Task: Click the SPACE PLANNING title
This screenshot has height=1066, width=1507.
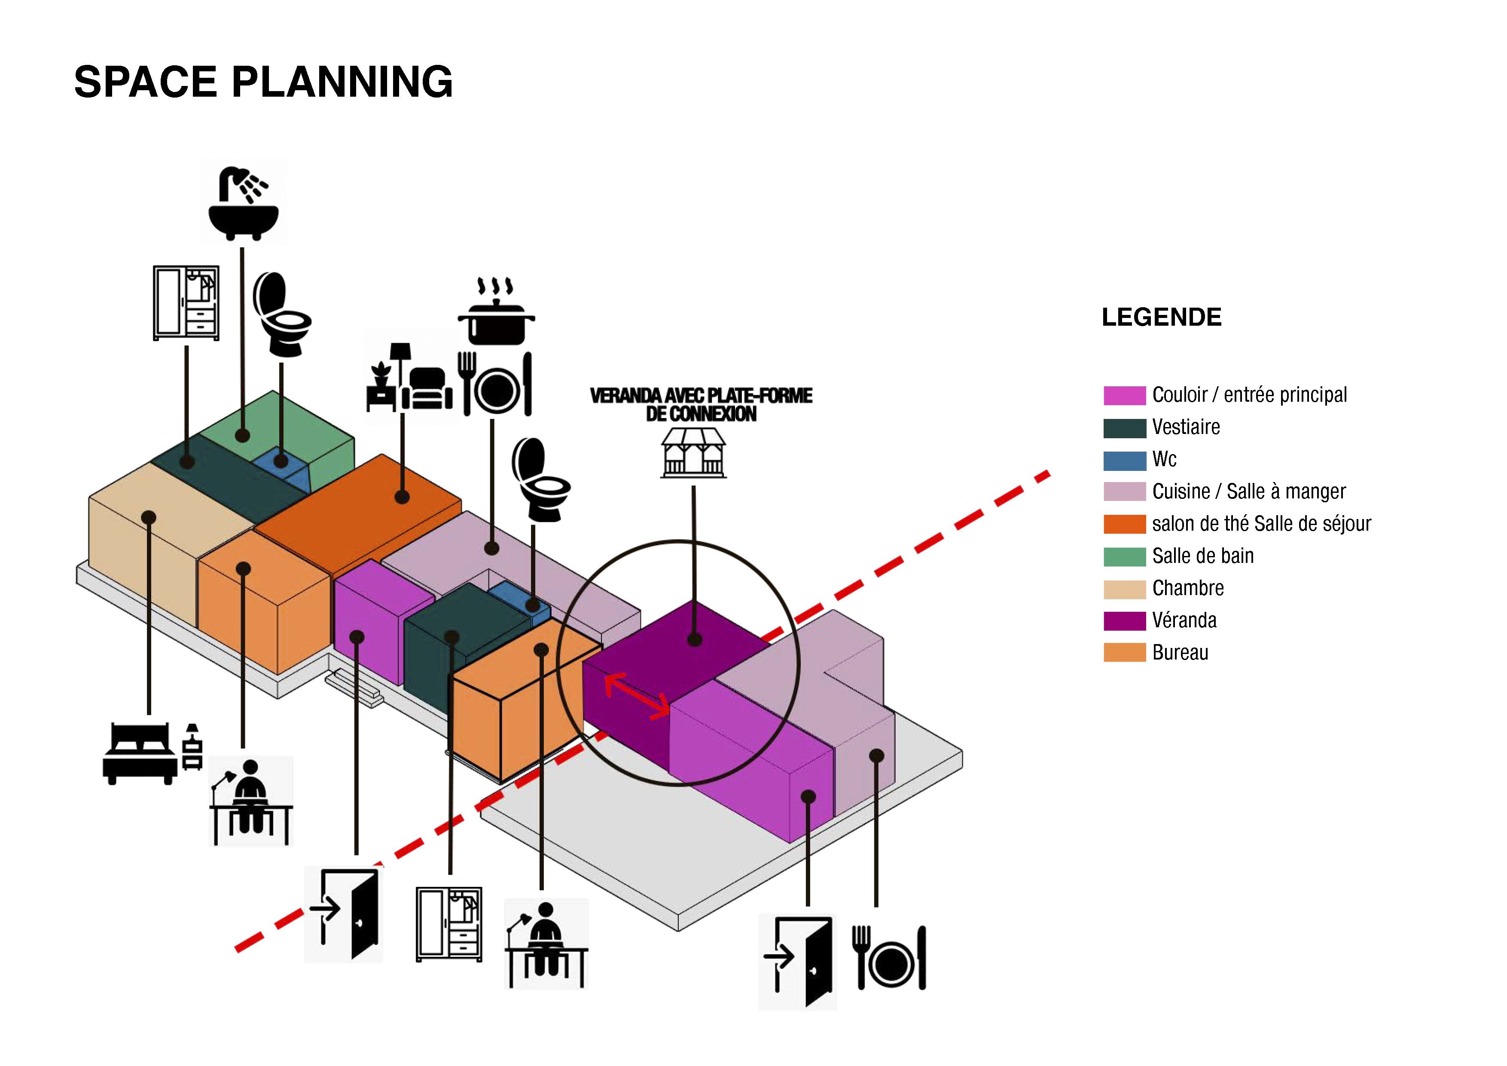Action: click(x=263, y=82)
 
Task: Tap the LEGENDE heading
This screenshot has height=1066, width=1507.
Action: click(x=1161, y=317)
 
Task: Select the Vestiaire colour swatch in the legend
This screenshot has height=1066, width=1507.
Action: click(x=1124, y=428)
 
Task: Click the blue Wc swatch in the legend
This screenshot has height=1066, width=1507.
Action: click(x=1124, y=460)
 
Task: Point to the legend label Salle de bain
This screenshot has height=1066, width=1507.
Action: click(x=1202, y=556)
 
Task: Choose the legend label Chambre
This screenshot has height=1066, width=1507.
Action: click(x=1188, y=588)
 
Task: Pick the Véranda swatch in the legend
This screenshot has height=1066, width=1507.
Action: click(x=1124, y=621)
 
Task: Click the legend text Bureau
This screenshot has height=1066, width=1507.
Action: click(x=1180, y=653)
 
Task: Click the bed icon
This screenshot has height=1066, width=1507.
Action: click(x=152, y=754)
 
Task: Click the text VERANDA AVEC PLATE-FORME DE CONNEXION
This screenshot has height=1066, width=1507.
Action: click(x=701, y=404)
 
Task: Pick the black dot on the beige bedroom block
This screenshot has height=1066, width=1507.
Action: click(x=149, y=517)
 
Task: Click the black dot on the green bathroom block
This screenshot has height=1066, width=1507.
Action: click(x=242, y=435)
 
